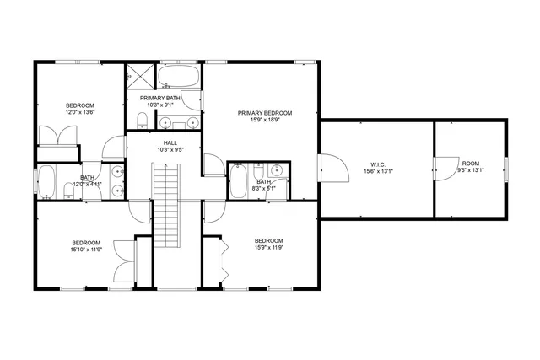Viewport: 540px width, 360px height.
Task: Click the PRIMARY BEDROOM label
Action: tap(264, 113)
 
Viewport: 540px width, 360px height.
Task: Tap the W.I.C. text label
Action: tap(377, 164)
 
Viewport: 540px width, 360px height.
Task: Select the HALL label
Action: tap(170, 143)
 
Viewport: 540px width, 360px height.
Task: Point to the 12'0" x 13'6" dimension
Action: tap(80, 112)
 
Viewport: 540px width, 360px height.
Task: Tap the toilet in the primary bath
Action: tap(144, 118)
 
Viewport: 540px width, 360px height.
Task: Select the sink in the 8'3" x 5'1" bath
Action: tap(276, 169)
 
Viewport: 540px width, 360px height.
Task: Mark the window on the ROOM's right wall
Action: tap(506, 169)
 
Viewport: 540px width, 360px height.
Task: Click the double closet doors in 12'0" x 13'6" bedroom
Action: tap(57, 135)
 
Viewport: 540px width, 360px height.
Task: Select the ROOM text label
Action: tap(470, 163)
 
